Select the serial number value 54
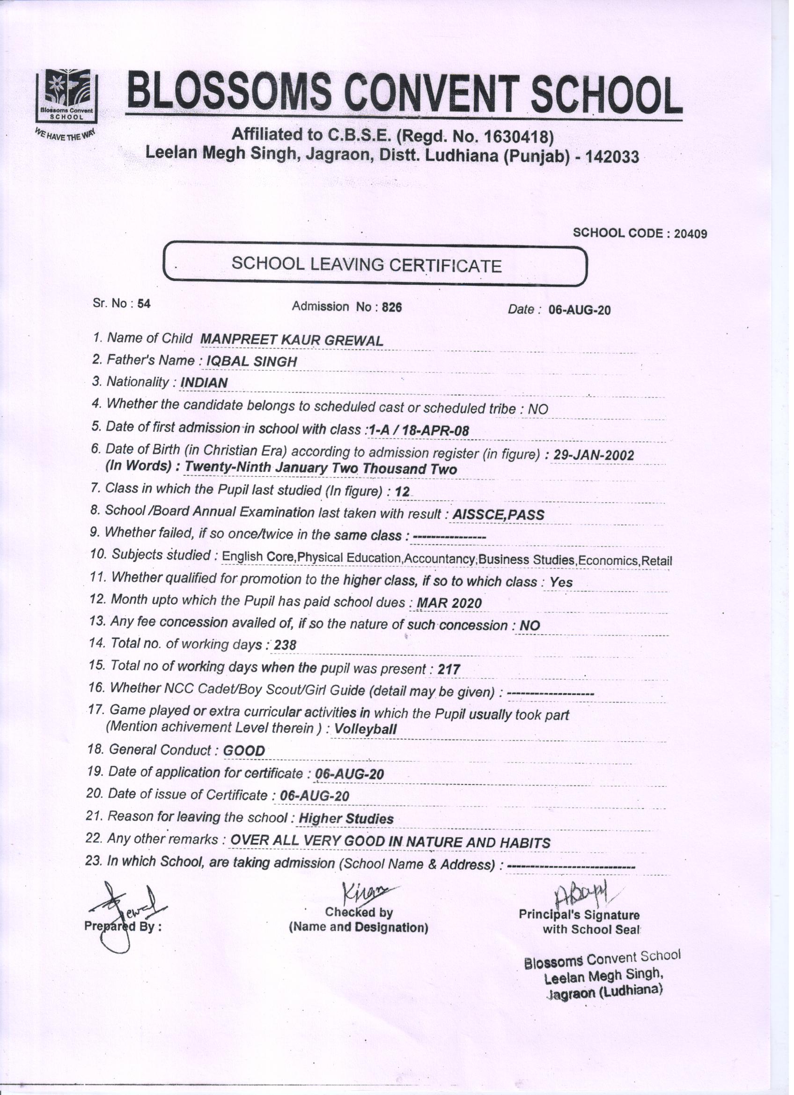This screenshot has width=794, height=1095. pos(144,304)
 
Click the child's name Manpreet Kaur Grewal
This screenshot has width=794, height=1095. pos(291,340)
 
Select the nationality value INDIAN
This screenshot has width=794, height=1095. pos(203,383)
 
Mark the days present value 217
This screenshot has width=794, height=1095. pos(448,670)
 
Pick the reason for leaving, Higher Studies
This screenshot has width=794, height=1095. pos(346,819)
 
